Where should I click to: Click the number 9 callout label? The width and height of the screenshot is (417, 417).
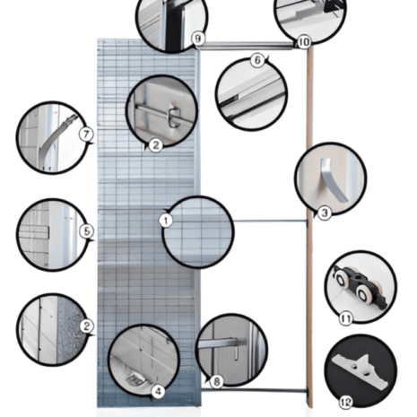pos(197,38)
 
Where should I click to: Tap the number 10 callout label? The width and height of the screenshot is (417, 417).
pos(303,41)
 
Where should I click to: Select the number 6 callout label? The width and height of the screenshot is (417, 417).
pos(257,60)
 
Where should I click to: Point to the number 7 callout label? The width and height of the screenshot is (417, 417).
pos(87,135)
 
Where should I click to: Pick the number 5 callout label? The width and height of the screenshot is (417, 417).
pos(87,230)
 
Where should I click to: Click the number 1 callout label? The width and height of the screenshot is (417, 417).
pos(165,219)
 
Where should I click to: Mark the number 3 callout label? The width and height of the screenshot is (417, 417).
pos(324,213)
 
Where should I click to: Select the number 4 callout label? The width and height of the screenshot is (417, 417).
pos(158,391)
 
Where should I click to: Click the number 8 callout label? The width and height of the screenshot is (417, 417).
pos(216,381)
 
